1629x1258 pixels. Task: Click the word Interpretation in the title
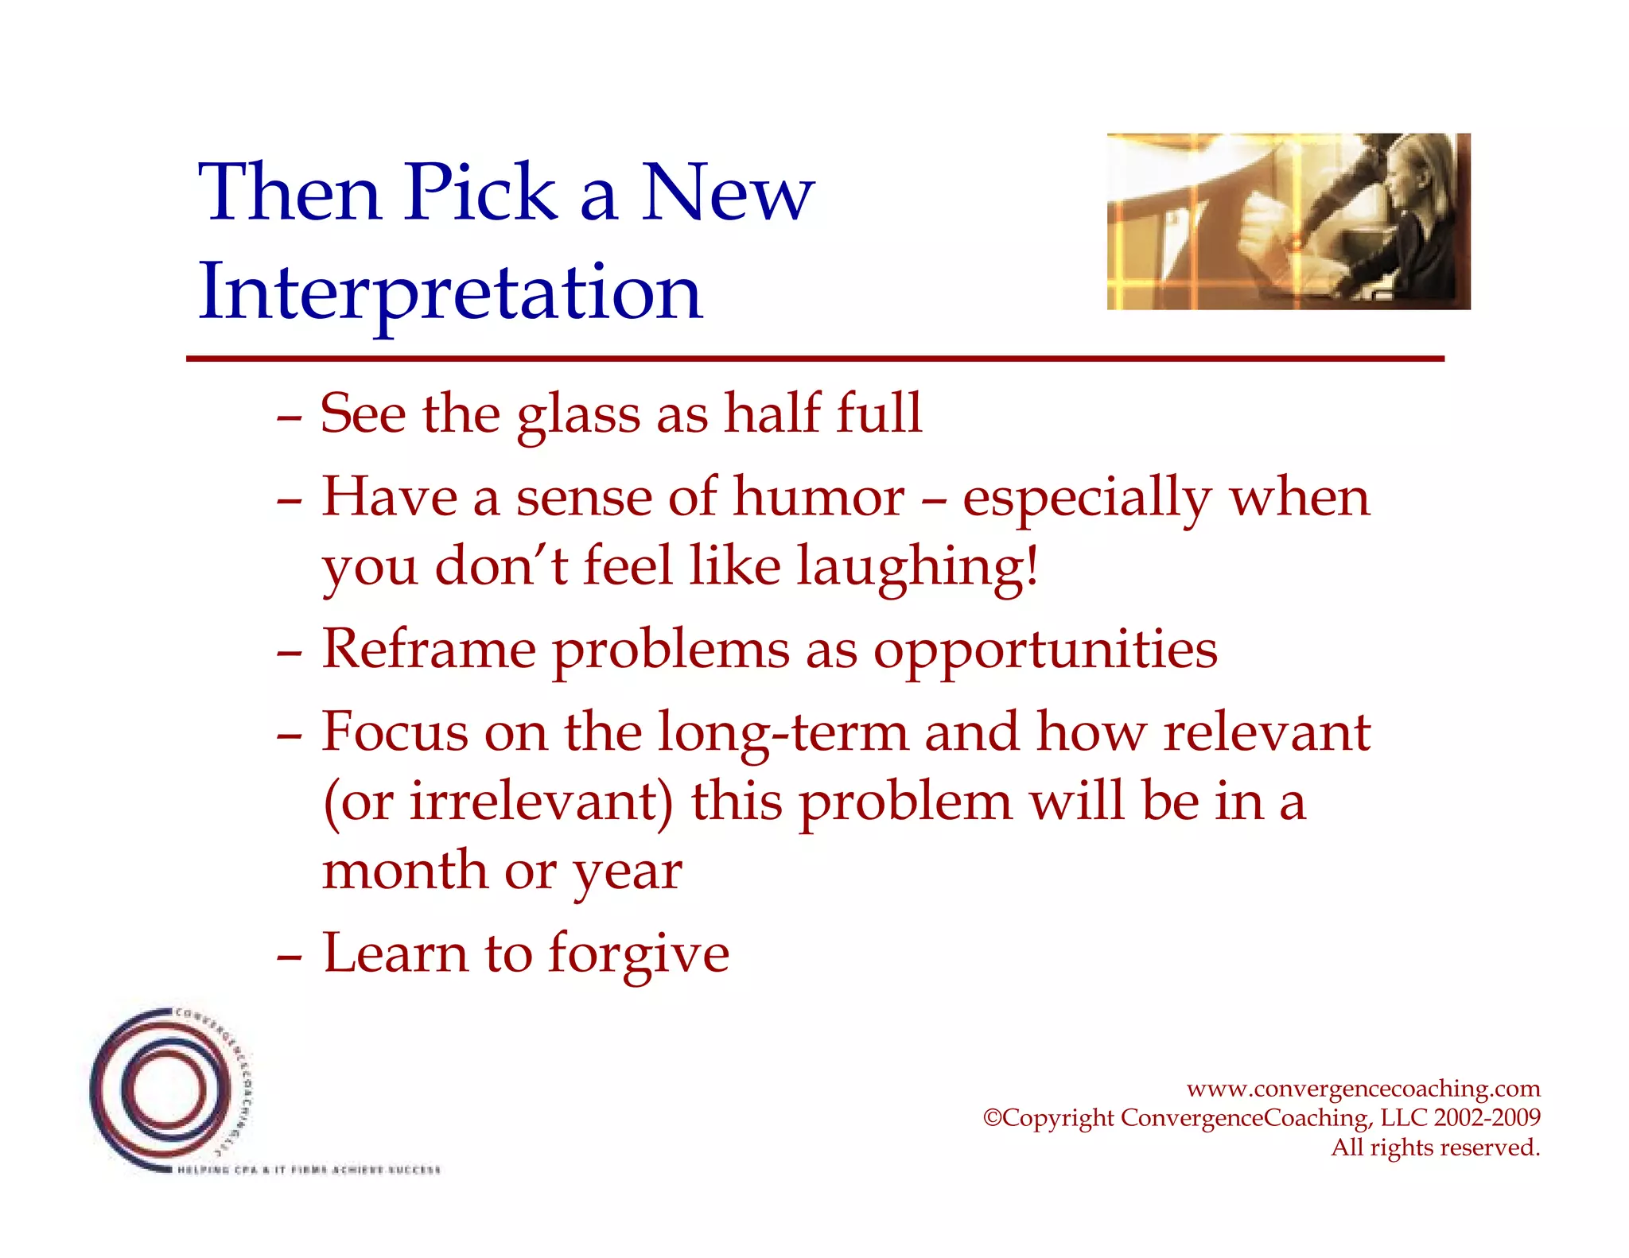coord(450,293)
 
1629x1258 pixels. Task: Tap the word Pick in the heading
coord(480,193)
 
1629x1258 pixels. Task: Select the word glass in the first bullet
coord(578,415)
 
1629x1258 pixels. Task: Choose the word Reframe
coord(429,650)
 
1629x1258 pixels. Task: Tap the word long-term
coord(783,732)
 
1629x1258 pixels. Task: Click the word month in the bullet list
coord(404,871)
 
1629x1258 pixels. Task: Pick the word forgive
coord(639,954)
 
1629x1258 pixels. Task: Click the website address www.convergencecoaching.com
coord(1363,1089)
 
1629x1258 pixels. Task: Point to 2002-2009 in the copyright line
coord(1487,1118)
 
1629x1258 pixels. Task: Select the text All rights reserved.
coord(1435,1147)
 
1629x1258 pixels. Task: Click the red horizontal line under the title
coord(814,359)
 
